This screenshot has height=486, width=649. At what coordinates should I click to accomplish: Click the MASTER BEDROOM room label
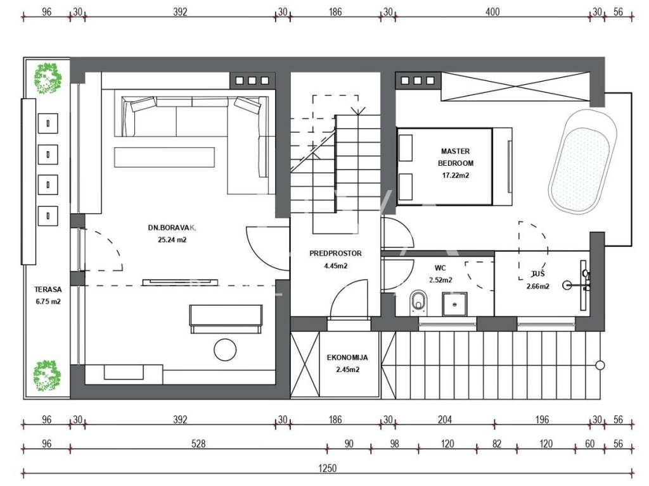click(455, 157)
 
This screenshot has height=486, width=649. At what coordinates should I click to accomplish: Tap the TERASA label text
click(48, 290)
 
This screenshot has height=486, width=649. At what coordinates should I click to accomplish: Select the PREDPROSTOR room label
click(335, 253)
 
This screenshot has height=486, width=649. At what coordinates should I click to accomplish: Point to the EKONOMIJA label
click(347, 358)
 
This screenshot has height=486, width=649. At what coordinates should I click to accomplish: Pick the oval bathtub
click(582, 162)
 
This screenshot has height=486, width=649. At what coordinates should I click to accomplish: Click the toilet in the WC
click(418, 302)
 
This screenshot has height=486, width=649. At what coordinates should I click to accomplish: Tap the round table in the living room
click(225, 349)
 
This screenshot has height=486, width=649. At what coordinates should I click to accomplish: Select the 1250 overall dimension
click(327, 468)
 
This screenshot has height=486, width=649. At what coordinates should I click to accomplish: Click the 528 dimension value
click(198, 444)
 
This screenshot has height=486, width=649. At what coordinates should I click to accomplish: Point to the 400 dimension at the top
click(492, 12)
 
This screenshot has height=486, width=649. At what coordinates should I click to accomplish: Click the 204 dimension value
click(445, 420)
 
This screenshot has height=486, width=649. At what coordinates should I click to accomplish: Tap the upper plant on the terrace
click(48, 78)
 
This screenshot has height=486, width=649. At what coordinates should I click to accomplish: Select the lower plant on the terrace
click(47, 376)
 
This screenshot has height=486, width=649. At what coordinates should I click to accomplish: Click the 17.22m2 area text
click(455, 175)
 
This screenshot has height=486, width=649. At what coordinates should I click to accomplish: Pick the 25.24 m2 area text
click(172, 239)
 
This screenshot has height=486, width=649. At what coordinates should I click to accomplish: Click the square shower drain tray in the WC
click(455, 304)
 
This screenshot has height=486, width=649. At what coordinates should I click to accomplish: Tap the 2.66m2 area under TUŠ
click(537, 286)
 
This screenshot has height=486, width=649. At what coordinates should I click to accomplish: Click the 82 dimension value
click(497, 444)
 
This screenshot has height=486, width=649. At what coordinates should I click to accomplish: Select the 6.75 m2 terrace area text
click(48, 301)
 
